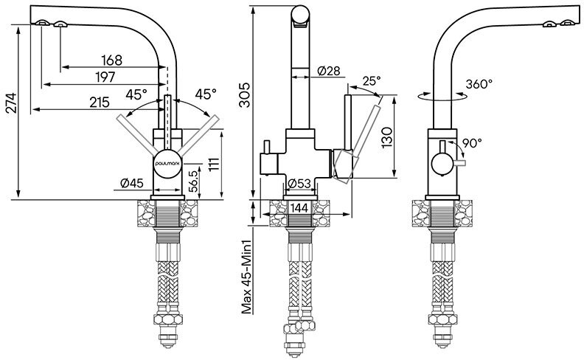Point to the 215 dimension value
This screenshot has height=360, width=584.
point(100,103)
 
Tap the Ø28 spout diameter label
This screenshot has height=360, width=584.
point(328,71)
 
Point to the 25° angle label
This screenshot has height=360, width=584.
point(373,80)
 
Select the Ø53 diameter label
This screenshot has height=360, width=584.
point(299,183)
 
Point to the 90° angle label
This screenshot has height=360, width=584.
point(472,142)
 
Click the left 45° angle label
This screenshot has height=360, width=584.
point(136,94)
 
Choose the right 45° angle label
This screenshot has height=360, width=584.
point(206,94)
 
